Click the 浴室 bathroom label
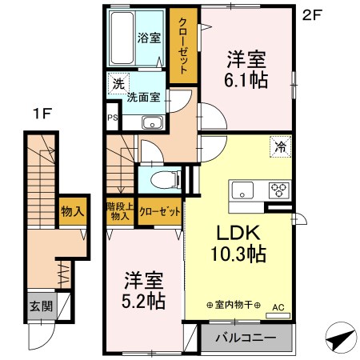(x=149, y=38)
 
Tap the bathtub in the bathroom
(x=122, y=38)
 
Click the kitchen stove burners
(x=279, y=190)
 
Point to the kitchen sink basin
(x=242, y=190)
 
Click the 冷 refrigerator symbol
(x=280, y=147)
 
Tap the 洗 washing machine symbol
(x=118, y=83)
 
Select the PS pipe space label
(x=113, y=118)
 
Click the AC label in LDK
(x=278, y=307)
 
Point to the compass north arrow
(x=342, y=338)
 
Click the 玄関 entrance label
(x=42, y=306)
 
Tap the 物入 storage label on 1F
(x=73, y=211)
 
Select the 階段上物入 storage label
(x=120, y=211)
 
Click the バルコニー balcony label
(x=246, y=338)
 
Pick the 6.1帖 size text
(x=246, y=80)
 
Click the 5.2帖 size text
(x=143, y=301)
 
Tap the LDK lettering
(x=238, y=233)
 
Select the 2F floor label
(x=312, y=15)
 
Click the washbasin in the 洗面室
(x=153, y=123)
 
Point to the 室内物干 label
(x=234, y=305)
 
